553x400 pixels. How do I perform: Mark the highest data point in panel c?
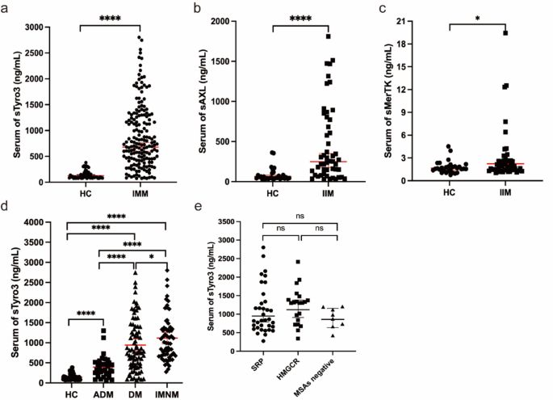click(505, 33)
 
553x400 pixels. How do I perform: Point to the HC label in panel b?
click(273, 194)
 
